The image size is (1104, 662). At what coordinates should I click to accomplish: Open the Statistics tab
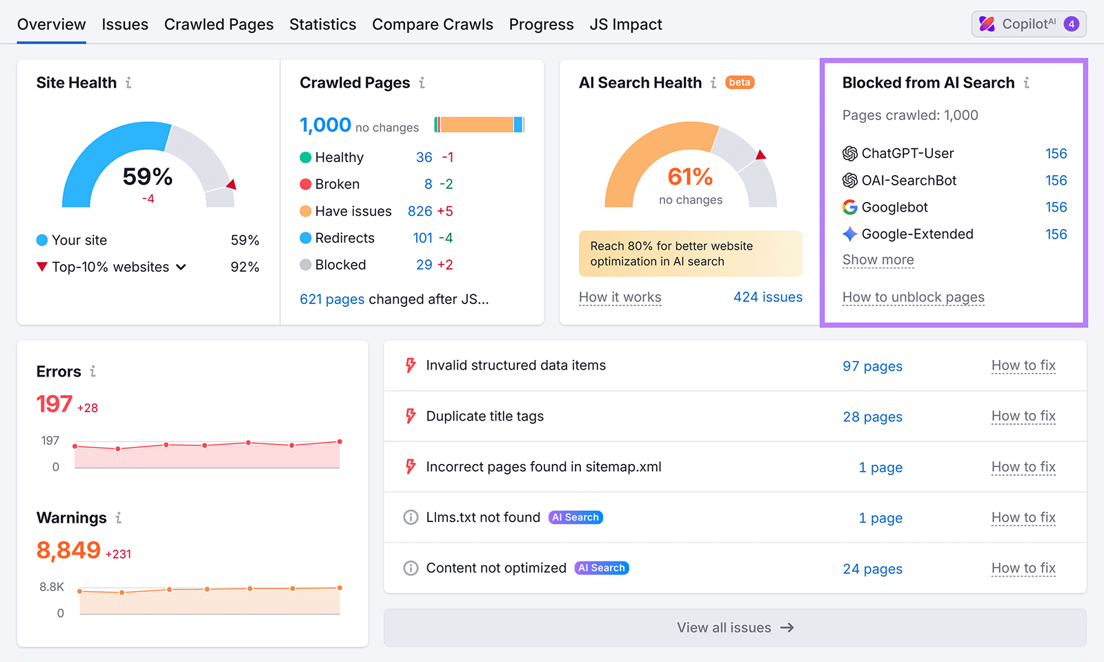pyautogui.click(x=322, y=25)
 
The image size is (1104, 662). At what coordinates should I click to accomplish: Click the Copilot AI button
pyautogui.click(x=1028, y=24)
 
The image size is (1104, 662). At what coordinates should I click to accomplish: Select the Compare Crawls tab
pyautogui.click(x=432, y=25)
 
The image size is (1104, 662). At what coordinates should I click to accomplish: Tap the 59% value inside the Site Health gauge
pyautogui.click(x=148, y=177)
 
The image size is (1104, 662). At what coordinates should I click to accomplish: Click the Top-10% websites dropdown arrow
pyautogui.click(x=181, y=267)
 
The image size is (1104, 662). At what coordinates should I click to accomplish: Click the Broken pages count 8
pyautogui.click(x=428, y=184)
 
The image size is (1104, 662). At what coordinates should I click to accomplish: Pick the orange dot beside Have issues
pyautogui.click(x=306, y=211)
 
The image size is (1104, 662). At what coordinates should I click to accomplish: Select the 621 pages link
pyautogui.click(x=332, y=299)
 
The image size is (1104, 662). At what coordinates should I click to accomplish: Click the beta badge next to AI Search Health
pyautogui.click(x=740, y=83)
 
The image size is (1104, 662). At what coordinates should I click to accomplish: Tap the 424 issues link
pyautogui.click(x=767, y=297)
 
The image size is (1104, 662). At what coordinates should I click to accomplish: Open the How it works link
pyautogui.click(x=620, y=297)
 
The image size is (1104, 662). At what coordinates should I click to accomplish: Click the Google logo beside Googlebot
pyautogui.click(x=850, y=208)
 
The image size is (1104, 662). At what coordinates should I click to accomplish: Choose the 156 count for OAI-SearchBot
pyautogui.click(x=1056, y=181)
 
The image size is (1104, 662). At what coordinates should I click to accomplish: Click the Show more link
pyautogui.click(x=878, y=260)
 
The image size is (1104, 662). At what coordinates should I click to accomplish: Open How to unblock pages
pyautogui.click(x=913, y=297)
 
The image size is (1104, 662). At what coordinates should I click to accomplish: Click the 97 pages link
pyautogui.click(x=872, y=366)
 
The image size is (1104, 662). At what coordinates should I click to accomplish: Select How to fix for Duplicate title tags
pyautogui.click(x=1023, y=417)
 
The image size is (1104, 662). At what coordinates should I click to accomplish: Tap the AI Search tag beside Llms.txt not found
pyautogui.click(x=575, y=517)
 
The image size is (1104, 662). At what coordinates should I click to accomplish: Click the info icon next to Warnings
pyautogui.click(x=119, y=518)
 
